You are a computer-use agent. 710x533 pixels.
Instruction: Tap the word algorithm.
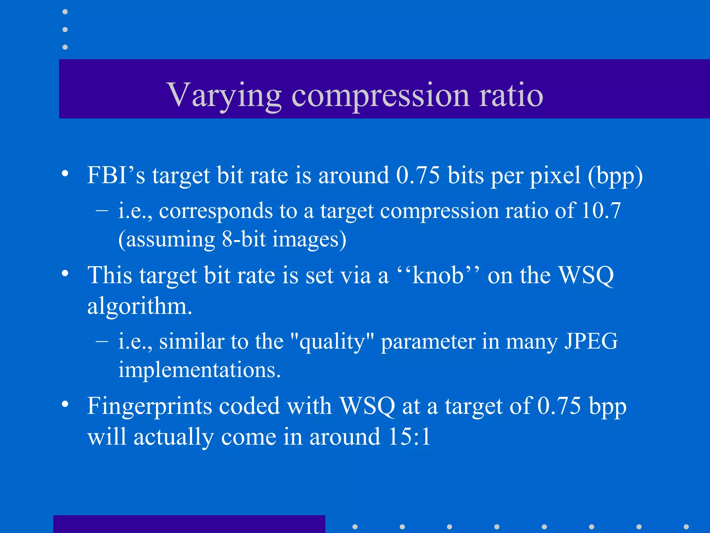click(139, 306)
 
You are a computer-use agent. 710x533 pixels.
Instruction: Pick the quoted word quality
click(332, 341)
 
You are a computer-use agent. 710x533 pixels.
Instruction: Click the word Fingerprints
click(149, 406)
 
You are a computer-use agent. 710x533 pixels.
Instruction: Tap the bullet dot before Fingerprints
click(65, 404)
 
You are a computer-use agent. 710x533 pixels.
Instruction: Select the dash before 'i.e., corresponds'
click(102, 210)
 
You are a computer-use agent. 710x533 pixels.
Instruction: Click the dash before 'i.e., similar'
click(102, 341)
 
